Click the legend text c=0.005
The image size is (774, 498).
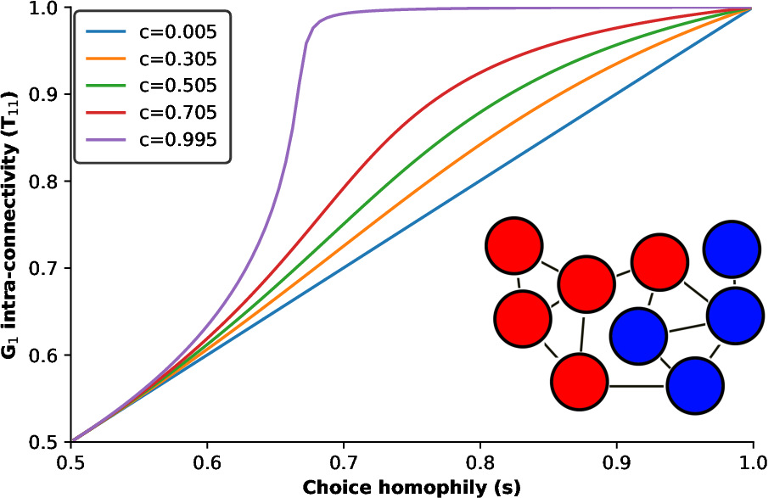click(x=177, y=33)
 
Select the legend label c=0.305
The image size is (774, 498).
click(x=177, y=59)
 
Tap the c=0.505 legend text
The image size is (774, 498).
click(x=177, y=87)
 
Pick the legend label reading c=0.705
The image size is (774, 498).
click(x=177, y=114)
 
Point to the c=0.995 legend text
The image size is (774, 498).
click(x=177, y=140)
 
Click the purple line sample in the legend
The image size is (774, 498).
click(x=106, y=140)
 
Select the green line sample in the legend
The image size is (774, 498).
click(x=106, y=87)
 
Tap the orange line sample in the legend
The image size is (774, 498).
click(x=106, y=59)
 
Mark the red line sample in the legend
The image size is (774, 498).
click(x=106, y=114)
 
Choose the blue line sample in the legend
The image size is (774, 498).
click(x=106, y=33)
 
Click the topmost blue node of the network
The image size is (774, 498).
click(x=732, y=249)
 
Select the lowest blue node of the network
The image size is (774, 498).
click(x=695, y=386)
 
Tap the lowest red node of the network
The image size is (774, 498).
click(x=579, y=382)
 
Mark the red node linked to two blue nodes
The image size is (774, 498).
click(x=659, y=262)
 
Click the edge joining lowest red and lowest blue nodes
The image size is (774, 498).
click(x=637, y=386)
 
